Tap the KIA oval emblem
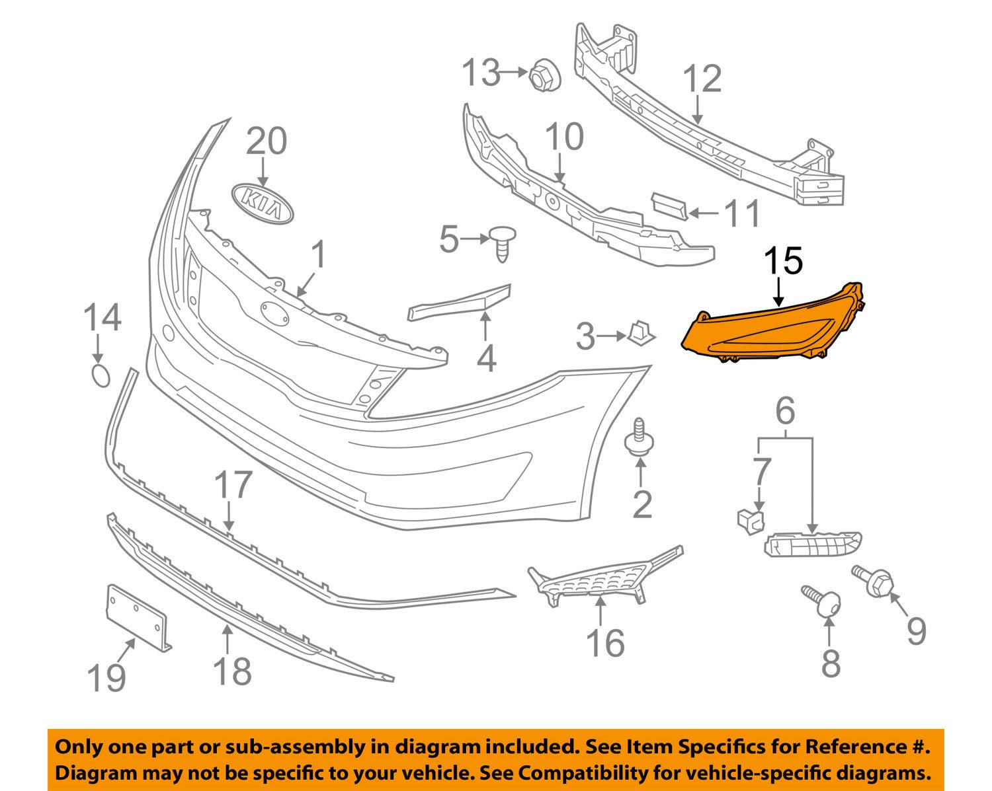(262, 204)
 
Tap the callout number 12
(702, 79)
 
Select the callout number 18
(233, 671)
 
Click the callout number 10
(564, 136)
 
